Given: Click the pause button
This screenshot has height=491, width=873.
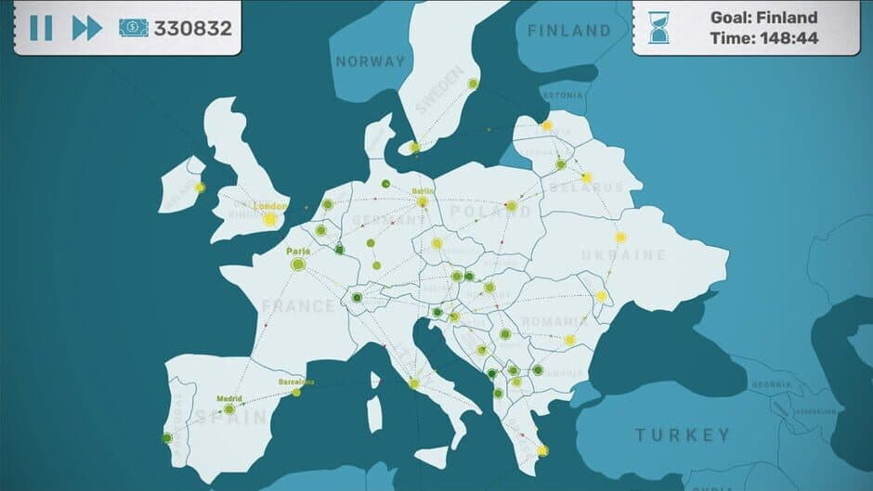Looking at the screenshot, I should pos(41,28).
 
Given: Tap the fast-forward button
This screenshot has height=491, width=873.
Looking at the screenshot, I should pos(86,28).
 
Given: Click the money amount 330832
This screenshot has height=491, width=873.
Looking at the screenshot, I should pos(192,28).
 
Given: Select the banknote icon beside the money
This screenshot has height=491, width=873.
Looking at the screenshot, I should pos(133,28).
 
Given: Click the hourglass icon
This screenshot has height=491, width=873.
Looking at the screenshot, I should pos(659,28).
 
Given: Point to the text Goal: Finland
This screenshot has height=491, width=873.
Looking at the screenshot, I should pos(763,18).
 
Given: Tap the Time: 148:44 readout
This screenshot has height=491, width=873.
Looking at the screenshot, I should pos(763,38).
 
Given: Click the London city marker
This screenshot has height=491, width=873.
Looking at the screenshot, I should pos(270,220).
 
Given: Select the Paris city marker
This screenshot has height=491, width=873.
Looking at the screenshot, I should pos(298,265).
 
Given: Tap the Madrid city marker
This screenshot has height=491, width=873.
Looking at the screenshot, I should pos(229,408).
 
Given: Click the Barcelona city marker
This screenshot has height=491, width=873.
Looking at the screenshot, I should pos(296,392).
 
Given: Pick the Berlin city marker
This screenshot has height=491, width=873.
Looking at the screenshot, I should pos(423,201).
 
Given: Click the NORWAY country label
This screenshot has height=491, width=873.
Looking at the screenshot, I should pos(371,62).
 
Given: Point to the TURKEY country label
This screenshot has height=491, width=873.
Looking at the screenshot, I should pos(683,434).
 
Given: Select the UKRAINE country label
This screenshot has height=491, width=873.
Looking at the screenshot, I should pos(623,255).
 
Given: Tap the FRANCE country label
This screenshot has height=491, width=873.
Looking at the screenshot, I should pos(298,305).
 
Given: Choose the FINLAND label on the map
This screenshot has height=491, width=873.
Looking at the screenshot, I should pos(569,31).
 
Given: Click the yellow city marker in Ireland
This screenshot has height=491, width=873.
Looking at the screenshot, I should pos(200,187).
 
